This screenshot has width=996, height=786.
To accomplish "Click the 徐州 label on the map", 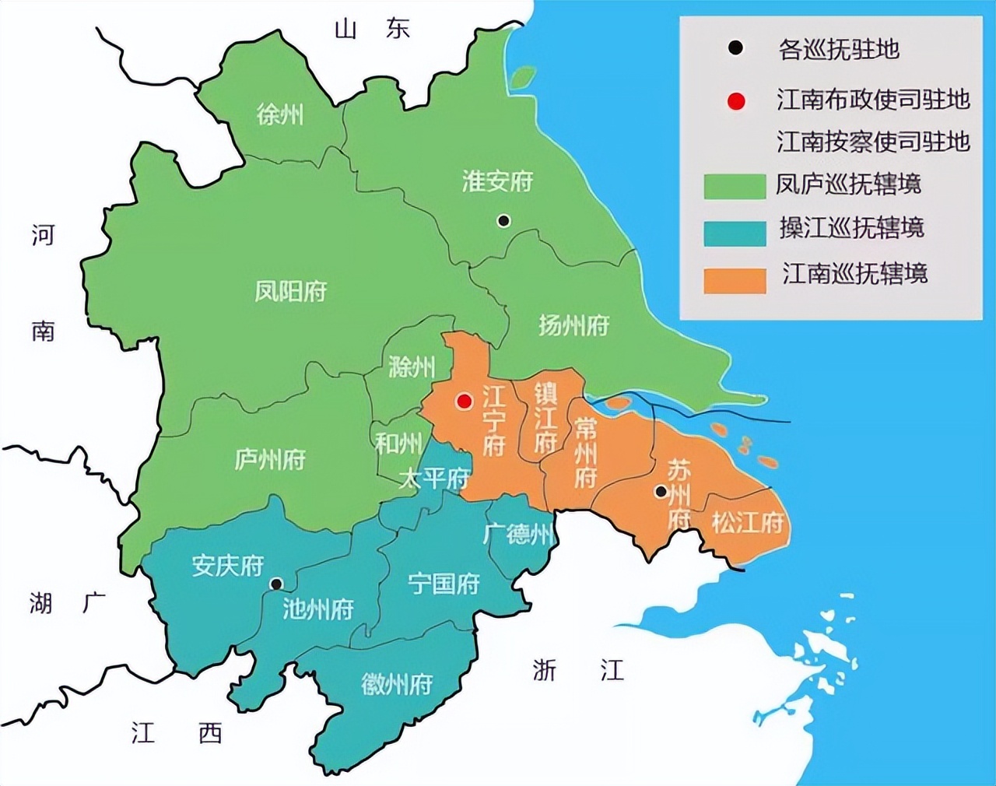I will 280,116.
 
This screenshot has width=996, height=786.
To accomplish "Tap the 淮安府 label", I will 497,182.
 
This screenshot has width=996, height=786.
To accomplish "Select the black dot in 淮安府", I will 503,221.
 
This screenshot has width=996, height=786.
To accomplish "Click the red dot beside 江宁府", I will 464,402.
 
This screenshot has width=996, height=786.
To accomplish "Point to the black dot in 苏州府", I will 661,492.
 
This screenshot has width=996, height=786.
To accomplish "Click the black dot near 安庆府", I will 276,584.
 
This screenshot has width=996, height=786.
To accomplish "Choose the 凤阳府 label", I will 291,291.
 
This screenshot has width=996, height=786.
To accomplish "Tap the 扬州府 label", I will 573,325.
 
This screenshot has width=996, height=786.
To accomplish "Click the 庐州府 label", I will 270,459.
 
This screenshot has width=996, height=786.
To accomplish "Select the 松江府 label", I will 747,521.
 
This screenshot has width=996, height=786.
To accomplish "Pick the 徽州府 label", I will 396,684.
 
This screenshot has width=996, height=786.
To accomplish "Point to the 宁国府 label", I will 444,583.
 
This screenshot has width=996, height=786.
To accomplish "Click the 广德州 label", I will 518,534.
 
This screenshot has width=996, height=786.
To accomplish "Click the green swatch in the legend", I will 735,186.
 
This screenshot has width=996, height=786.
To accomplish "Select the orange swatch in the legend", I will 735,280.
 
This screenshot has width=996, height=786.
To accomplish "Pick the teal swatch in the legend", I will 735,233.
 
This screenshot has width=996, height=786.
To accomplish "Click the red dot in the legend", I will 735,101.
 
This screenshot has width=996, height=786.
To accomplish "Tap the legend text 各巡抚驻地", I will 839,50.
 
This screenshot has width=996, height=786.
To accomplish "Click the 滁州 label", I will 412,367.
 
